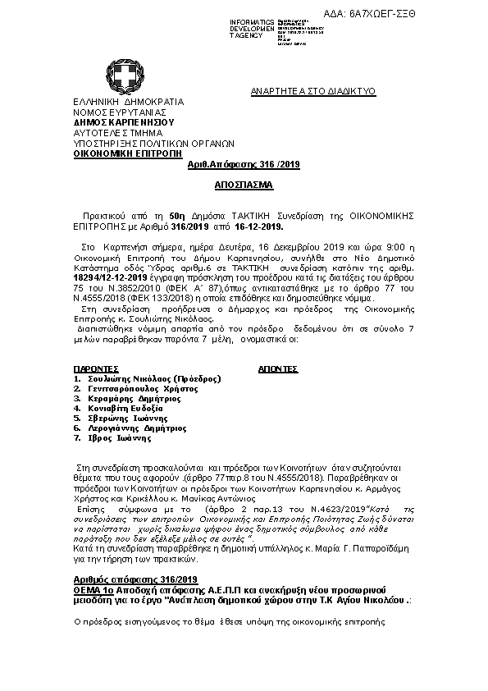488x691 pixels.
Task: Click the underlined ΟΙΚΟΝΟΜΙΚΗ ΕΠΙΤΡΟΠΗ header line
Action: click(121, 153)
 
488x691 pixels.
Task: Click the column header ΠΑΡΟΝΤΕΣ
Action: click(96, 369)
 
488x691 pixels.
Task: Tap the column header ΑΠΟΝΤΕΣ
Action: click(277, 369)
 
